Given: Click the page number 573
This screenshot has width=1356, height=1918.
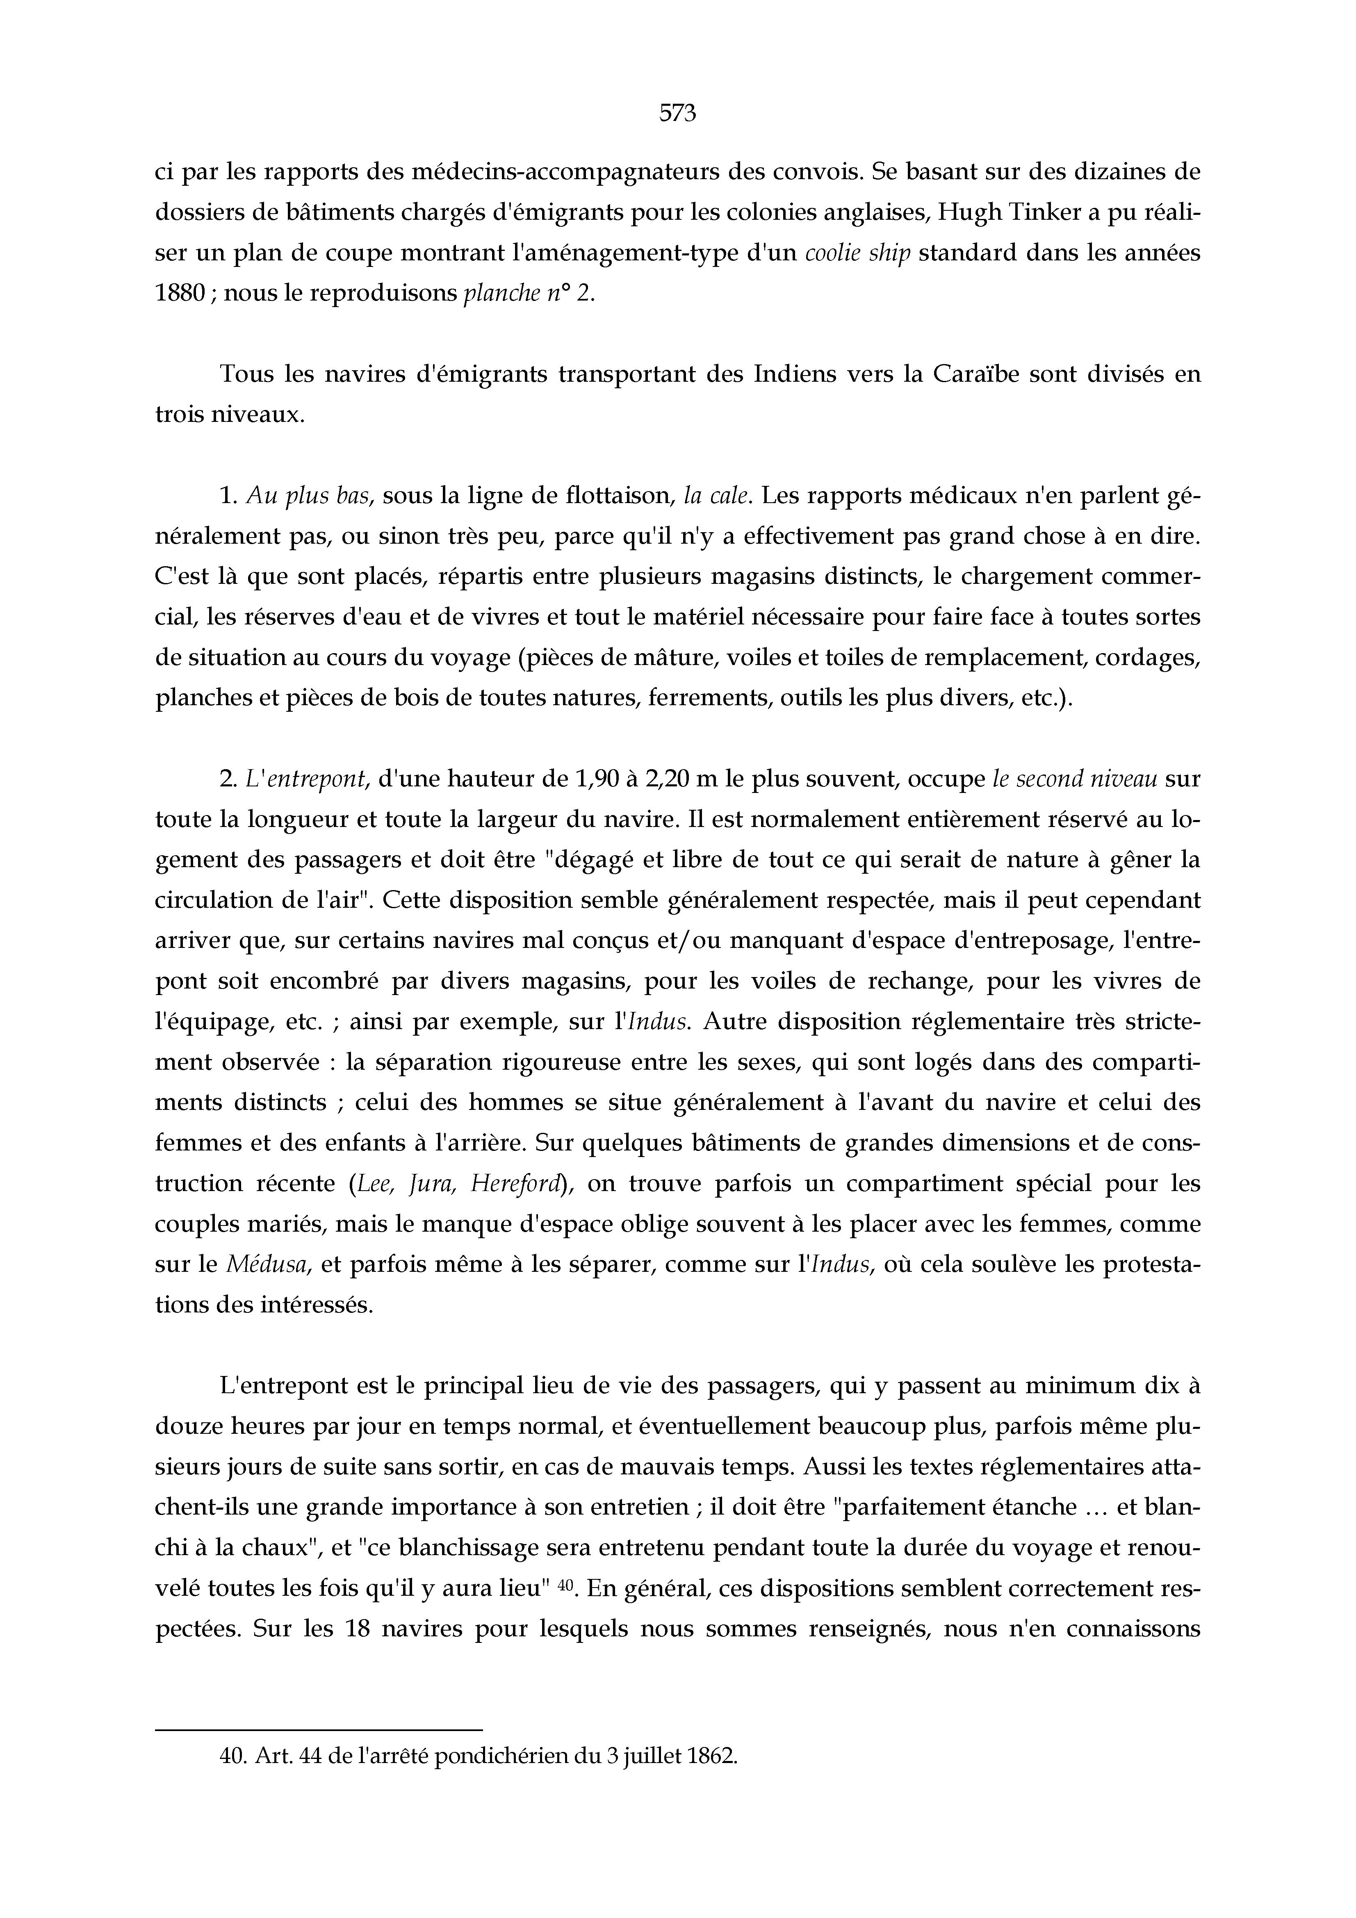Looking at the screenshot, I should (677, 113).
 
